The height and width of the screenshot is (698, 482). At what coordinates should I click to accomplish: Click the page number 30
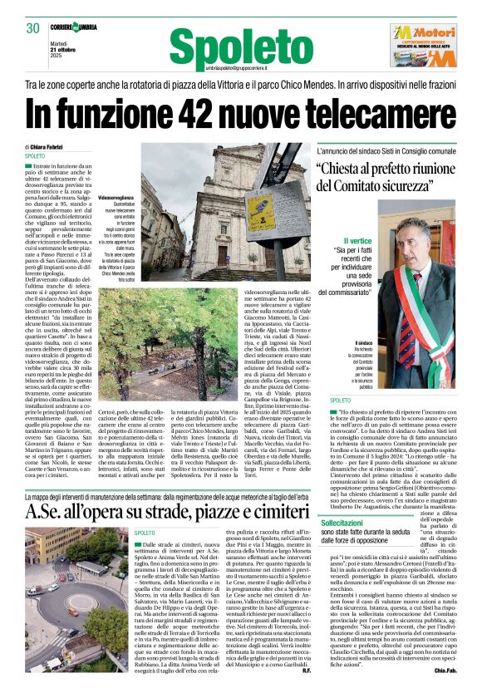point(33,28)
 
